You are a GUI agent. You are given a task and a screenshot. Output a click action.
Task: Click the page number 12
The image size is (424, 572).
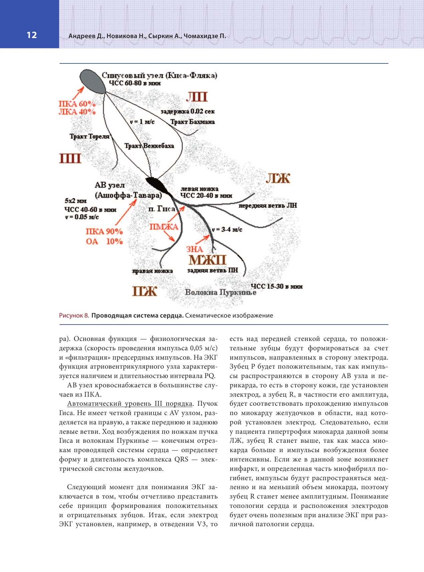[32, 35]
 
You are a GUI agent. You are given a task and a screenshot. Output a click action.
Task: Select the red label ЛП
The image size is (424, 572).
[197, 97]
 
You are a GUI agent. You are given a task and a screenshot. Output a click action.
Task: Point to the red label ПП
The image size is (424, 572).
[70, 158]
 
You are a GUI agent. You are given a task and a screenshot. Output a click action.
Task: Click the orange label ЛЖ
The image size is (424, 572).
[278, 179]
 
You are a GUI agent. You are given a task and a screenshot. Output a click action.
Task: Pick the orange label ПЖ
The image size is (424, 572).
[145, 291]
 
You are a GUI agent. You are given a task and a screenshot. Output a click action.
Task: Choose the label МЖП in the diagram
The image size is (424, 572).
[207, 260]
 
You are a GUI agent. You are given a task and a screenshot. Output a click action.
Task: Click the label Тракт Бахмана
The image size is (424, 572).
[193, 122]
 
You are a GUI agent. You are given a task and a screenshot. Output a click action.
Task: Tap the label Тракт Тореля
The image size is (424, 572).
[89, 136]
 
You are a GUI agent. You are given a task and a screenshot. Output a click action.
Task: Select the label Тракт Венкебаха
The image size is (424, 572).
[149, 146]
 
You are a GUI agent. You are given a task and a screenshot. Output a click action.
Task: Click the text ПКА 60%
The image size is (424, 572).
[77, 104]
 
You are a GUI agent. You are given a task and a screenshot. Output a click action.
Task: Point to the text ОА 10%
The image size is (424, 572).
[104, 241]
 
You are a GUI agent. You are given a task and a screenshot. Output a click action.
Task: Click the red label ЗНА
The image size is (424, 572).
[194, 249]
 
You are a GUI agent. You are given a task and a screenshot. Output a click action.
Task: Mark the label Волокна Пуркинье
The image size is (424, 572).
[221, 292]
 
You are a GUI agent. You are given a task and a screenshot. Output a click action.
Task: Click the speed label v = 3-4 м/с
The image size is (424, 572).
[227, 230]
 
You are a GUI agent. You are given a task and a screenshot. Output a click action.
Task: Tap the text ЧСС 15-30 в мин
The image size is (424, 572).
[276, 286]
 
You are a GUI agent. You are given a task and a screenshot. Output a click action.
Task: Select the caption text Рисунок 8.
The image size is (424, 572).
[74, 316]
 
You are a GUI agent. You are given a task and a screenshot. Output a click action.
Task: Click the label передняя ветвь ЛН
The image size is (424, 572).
[267, 206]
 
